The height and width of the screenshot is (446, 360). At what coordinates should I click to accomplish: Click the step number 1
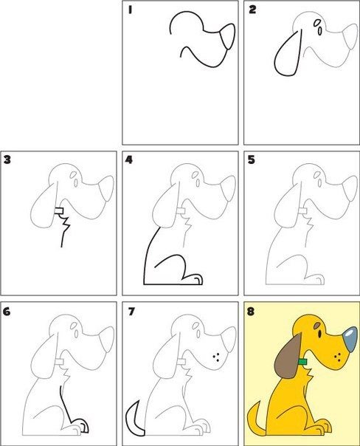(130, 10)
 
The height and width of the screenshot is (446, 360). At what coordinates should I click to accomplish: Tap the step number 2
(252, 10)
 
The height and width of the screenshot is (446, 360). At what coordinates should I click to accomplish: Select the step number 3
(7, 159)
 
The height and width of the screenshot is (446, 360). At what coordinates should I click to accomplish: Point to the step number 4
(129, 160)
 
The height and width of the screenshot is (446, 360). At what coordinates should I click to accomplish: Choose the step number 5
(251, 160)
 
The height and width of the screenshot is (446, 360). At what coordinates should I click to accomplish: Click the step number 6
(7, 312)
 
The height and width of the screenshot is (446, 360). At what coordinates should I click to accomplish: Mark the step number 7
(131, 312)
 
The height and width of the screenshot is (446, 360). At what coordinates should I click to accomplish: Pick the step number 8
(250, 312)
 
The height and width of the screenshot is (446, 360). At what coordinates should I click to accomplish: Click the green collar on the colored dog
(302, 362)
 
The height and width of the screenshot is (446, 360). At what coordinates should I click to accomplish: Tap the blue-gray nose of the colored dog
(350, 340)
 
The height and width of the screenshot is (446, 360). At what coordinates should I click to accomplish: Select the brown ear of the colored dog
(288, 356)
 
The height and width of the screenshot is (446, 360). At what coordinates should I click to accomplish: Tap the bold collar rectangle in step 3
(59, 210)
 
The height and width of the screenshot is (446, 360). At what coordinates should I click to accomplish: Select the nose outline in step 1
(229, 36)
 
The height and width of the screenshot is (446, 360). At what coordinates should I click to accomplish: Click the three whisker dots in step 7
(216, 357)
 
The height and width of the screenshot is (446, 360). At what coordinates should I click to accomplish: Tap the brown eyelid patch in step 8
(317, 325)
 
